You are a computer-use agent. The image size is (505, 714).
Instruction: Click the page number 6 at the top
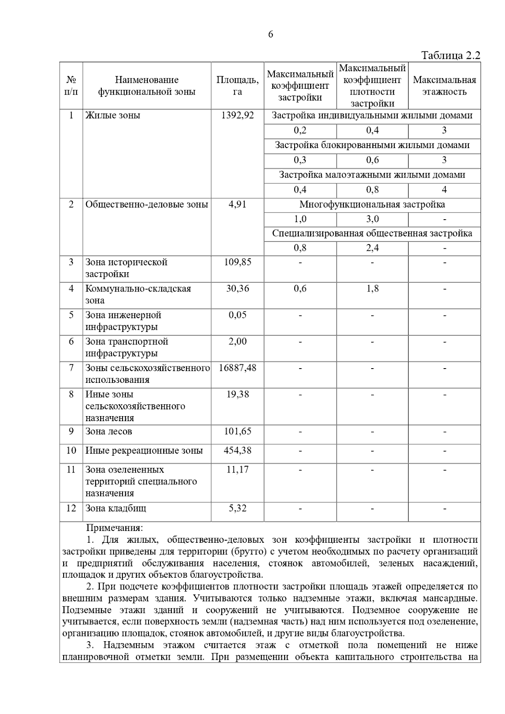(270, 35)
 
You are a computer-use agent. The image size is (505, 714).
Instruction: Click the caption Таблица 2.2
(450, 56)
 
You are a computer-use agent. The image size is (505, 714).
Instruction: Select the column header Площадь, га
(237, 86)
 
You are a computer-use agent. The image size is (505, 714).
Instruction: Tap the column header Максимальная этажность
(444, 86)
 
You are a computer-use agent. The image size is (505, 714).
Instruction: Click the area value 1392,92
(237, 115)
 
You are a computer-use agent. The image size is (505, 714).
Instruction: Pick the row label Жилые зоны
(113, 115)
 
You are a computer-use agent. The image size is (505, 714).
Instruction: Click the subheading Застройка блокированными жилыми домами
(372, 145)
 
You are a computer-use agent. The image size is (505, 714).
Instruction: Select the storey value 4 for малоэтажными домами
(444, 190)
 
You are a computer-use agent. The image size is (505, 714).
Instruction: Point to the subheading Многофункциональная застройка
(372, 204)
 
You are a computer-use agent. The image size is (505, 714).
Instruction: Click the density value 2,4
(372, 248)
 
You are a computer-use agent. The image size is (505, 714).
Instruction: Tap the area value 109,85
(237, 262)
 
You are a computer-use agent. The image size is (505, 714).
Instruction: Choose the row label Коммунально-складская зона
(138, 295)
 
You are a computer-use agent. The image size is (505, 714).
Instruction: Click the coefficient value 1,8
(372, 289)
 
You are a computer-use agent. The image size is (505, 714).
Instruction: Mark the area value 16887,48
(237, 368)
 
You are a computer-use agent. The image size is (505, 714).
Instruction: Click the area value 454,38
(237, 451)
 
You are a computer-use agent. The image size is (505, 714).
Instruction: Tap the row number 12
(71, 508)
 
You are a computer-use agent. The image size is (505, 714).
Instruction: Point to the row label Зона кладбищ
(116, 508)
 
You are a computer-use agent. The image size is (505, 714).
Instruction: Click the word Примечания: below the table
(114, 528)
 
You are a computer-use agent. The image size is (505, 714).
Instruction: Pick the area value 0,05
(237, 315)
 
